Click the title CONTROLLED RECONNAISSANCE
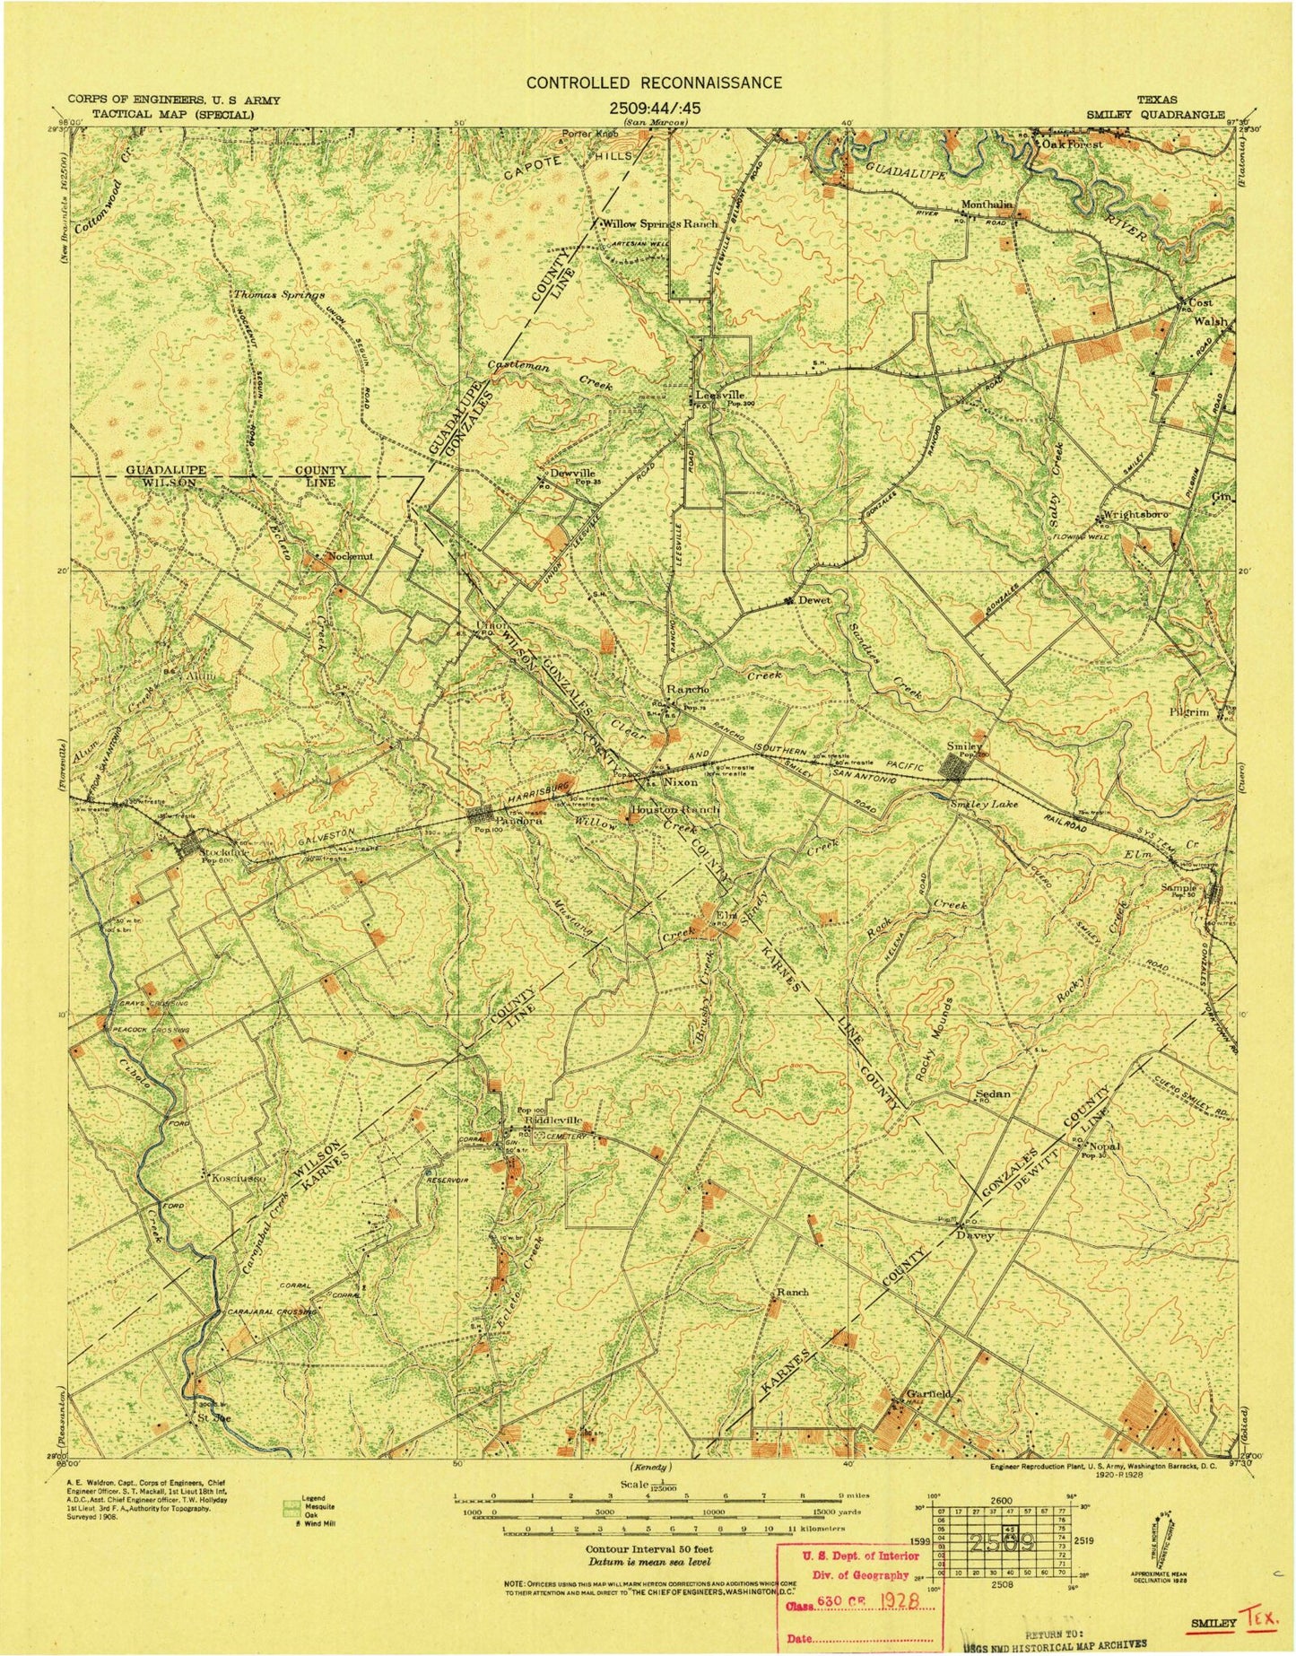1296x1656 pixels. (653, 83)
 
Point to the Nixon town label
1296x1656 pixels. (680, 782)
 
